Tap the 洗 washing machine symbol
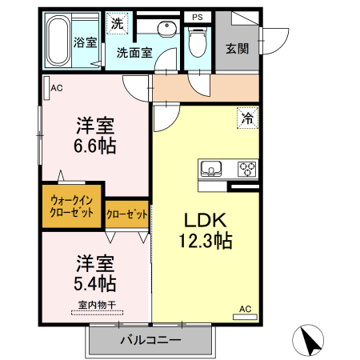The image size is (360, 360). [117, 24]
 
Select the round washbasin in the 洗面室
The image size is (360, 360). [166, 30]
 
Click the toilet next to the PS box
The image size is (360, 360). [197, 44]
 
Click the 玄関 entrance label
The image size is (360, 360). [238, 48]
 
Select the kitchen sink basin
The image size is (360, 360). [212, 169]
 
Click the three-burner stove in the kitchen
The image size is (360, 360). [246, 169]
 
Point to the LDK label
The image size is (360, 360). [208, 220]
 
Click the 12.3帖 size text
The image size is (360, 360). [206, 240]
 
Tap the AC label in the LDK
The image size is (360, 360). [245, 308]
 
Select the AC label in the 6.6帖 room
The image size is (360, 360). [56, 88]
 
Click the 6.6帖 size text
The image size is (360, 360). [95, 146]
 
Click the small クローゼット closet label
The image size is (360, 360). [127, 214]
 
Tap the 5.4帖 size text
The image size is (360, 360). [95, 283]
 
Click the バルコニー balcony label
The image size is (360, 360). [151, 340]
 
